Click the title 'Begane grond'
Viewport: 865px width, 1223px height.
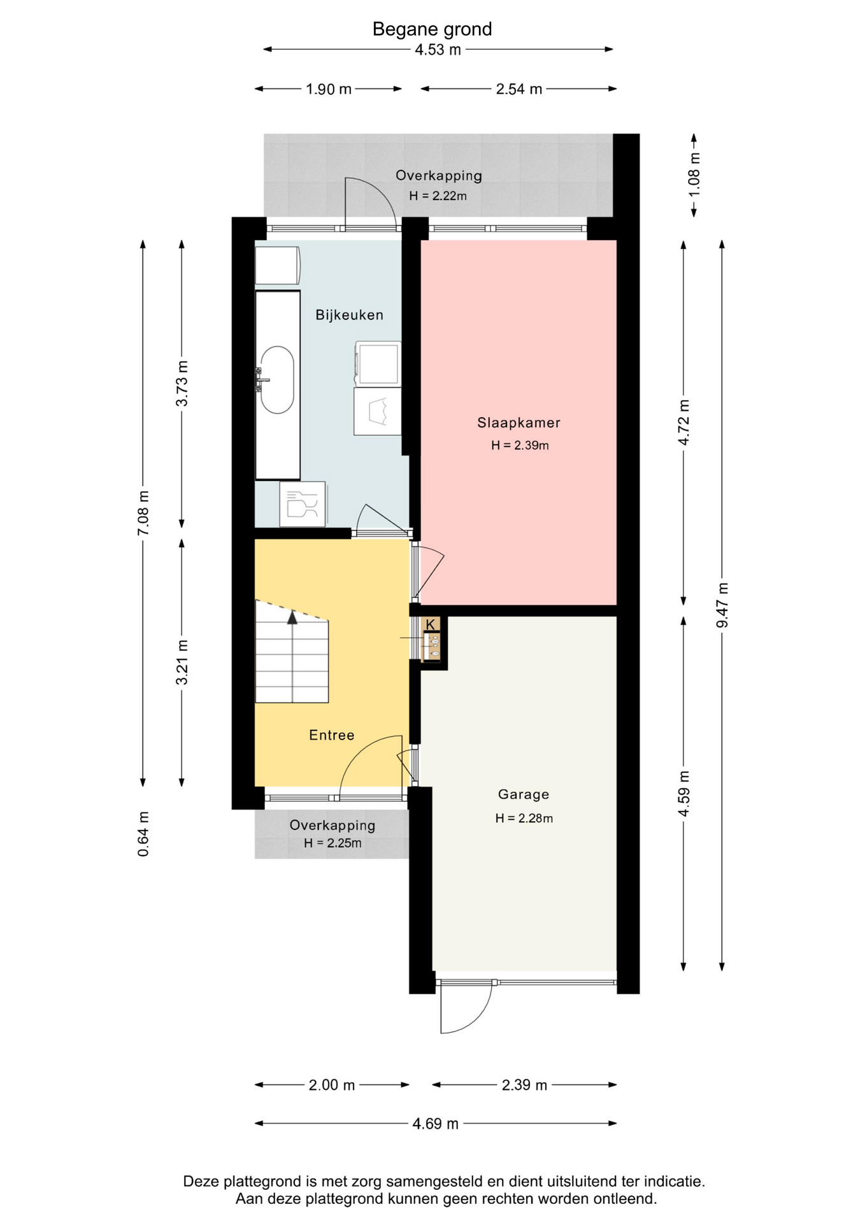(432, 29)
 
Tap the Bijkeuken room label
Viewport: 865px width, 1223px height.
(350, 315)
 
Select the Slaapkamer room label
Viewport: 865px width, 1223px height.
(518, 422)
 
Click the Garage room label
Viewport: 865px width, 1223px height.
(523, 794)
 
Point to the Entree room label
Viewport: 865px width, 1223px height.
(331, 735)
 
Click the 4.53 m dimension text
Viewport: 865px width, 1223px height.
(438, 50)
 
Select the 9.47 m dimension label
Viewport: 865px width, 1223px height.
(722, 604)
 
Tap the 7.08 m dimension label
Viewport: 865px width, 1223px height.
(143, 513)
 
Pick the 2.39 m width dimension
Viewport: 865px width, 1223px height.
(524, 1085)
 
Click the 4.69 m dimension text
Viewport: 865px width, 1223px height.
(435, 1124)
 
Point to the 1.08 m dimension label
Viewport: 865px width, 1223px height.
(694, 174)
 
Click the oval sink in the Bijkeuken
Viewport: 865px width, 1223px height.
(277, 380)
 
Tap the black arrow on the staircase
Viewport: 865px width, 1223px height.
(292, 617)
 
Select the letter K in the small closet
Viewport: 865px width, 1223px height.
(431, 624)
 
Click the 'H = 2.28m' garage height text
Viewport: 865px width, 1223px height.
(524, 819)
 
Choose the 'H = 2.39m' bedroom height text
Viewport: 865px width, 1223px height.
(520, 446)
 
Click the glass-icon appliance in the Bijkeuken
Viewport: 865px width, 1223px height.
(303, 504)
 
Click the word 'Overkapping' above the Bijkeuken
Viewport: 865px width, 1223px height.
(438, 176)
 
